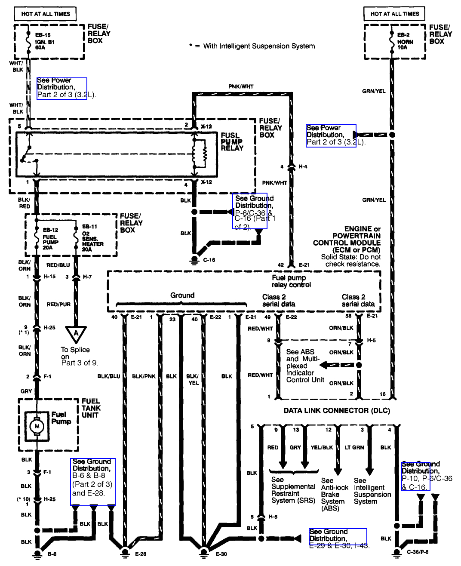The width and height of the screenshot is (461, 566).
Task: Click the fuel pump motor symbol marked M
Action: tap(37, 426)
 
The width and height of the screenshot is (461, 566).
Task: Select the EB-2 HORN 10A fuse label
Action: tap(405, 41)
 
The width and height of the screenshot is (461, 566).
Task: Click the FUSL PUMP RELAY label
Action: tap(232, 141)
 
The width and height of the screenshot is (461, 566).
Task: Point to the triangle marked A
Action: tap(76, 333)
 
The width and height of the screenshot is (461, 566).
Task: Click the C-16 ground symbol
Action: tap(194, 259)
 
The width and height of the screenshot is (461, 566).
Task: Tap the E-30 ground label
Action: tap(221, 554)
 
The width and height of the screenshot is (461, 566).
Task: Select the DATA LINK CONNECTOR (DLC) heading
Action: tap(337, 410)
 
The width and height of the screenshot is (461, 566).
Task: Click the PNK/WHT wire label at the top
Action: tap(241, 86)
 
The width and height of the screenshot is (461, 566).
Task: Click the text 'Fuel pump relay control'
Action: tap(291, 281)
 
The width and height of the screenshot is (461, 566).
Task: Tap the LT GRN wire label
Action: tap(354, 447)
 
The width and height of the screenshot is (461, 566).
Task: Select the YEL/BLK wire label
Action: tap(322, 447)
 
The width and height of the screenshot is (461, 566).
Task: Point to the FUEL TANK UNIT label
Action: tap(91, 408)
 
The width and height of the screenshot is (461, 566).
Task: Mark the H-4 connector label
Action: tap(303, 166)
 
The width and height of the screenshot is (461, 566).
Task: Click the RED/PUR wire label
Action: tap(58, 304)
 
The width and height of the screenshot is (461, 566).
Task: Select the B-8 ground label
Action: tap(52, 554)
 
